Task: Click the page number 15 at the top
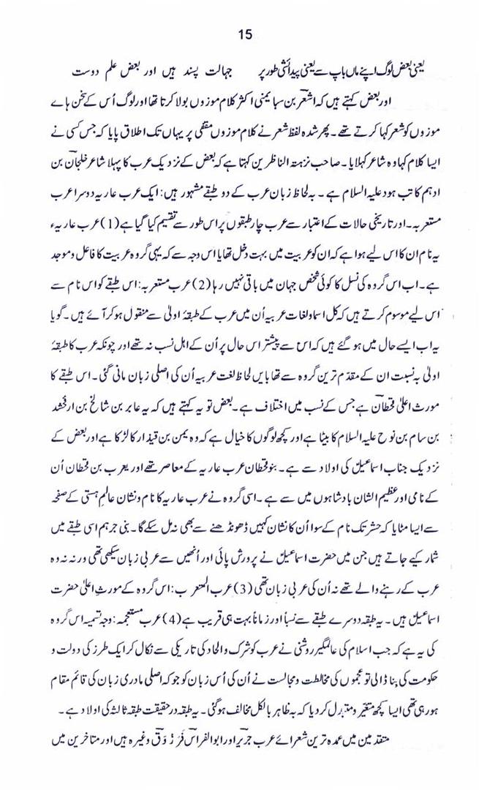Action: [244, 34]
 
